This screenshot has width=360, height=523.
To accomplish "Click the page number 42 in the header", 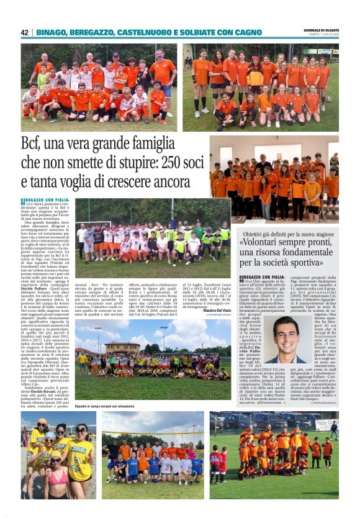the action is coord(24,32).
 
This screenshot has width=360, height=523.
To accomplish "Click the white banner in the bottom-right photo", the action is coord(325,424).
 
